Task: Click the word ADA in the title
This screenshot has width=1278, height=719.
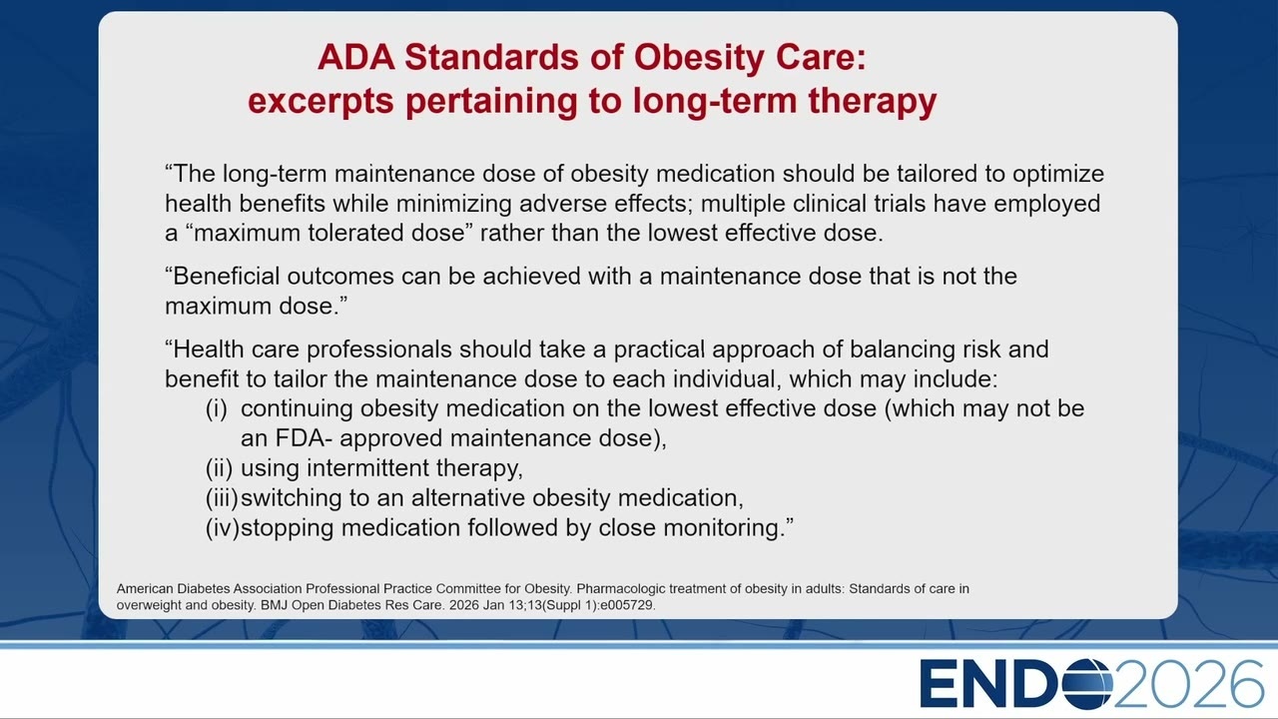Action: (356, 57)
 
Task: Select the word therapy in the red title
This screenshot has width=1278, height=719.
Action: (873, 102)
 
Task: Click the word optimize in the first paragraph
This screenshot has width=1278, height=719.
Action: (1058, 174)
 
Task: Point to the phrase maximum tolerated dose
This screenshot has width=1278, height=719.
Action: (329, 233)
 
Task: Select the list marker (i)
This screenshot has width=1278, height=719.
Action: (217, 409)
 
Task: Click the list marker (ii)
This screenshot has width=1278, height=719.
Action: (219, 468)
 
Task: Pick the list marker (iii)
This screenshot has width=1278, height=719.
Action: (222, 498)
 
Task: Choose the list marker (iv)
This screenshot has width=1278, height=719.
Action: (222, 528)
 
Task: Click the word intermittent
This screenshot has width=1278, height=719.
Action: (367, 468)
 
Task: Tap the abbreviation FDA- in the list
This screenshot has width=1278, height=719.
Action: (305, 438)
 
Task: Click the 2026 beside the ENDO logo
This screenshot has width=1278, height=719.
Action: (1189, 684)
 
